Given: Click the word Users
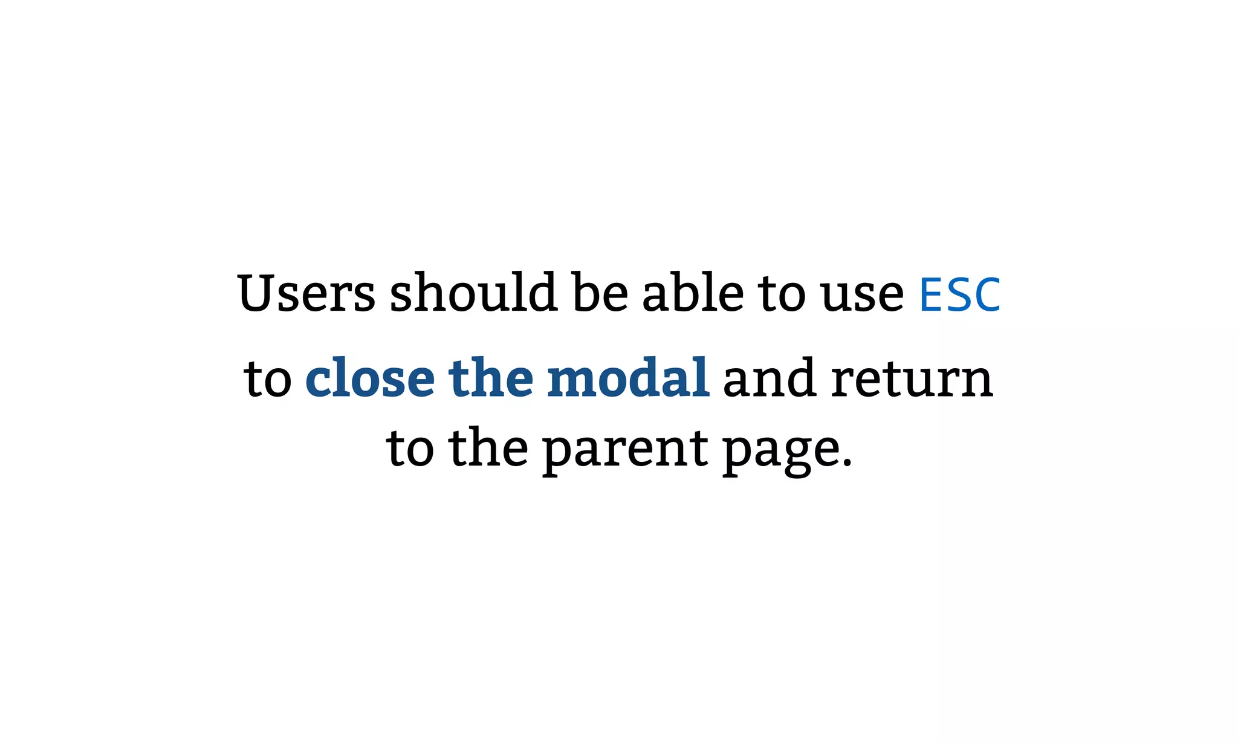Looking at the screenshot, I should [306, 294].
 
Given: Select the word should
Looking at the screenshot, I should [473, 293].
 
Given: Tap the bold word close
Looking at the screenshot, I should [369, 378].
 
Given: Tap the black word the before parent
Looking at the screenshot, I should [488, 449].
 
